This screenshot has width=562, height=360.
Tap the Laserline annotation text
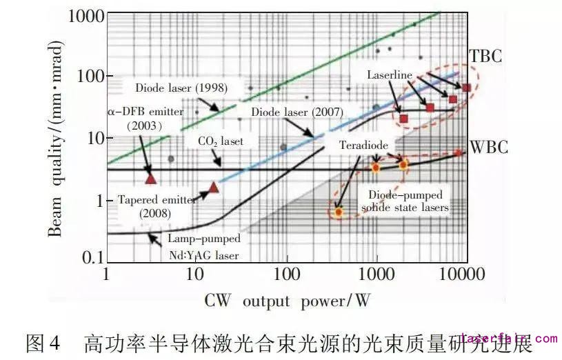coord(390,74)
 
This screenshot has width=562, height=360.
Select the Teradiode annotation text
coord(363,147)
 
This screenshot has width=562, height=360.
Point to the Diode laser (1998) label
coord(181,88)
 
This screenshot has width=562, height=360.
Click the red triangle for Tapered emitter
coord(213,187)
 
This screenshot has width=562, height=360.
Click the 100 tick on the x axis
coord(286,275)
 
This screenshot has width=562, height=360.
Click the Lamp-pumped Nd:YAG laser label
coord(204,248)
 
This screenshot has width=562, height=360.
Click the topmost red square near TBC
coord(466,88)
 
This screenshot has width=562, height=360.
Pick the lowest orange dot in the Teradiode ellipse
coord(338,212)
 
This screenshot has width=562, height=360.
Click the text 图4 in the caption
coord(43,343)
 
